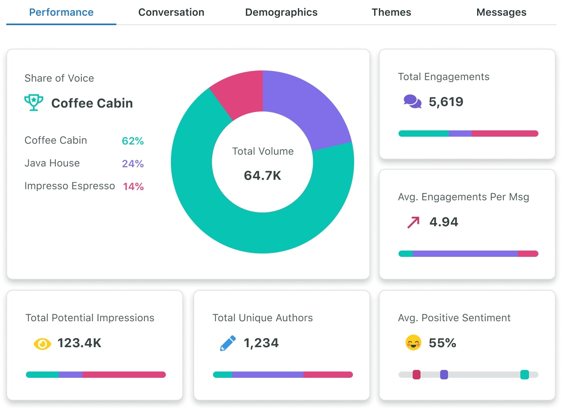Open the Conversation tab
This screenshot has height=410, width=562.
(x=171, y=13)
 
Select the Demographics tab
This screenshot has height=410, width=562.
(x=281, y=13)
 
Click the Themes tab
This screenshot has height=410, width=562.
(x=391, y=13)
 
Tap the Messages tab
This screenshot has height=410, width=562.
(x=501, y=13)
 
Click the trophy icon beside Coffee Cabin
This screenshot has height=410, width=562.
(x=34, y=102)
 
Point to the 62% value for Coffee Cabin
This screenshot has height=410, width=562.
(x=132, y=141)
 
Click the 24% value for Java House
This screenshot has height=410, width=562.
(x=132, y=164)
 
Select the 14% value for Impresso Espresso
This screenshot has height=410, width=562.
(x=133, y=187)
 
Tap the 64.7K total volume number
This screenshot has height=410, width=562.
(x=263, y=176)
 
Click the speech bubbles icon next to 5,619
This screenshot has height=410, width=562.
(x=412, y=102)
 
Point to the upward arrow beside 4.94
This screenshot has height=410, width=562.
(x=413, y=222)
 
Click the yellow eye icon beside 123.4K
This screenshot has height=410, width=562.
(x=42, y=344)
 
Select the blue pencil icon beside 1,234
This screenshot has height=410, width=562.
(x=228, y=343)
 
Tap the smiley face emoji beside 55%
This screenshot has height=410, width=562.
(x=413, y=343)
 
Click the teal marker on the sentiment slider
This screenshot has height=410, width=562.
(x=524, y=375)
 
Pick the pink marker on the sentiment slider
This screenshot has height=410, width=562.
(x=416, y=375)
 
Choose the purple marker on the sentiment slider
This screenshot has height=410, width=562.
(x=444, y=375)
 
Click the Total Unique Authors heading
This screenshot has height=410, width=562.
(x=263, y=318)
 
